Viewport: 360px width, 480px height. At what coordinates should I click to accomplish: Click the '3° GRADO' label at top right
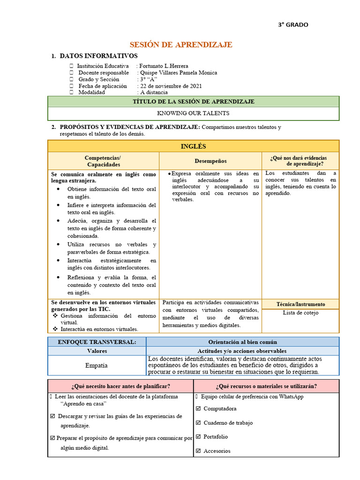[293, 25]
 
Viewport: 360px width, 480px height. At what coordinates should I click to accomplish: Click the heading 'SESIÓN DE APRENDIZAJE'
[180, 45]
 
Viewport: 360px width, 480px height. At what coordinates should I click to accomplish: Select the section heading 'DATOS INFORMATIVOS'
[98, 56]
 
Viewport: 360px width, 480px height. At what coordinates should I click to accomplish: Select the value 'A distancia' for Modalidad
[154, 92]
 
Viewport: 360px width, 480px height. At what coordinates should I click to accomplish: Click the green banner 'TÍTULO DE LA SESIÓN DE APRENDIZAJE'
[193, 101]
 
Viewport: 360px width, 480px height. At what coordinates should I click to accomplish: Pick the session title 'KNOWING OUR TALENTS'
[193, 113]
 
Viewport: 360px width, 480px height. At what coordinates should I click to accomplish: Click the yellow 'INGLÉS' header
[193, 146]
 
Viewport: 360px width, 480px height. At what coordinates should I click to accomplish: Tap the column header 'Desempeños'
[210, 161]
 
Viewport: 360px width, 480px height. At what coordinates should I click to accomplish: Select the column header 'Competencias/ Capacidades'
[104, 161]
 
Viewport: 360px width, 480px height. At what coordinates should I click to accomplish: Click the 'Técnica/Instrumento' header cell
[300, 304]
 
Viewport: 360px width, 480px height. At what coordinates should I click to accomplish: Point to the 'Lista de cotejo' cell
[300, 313]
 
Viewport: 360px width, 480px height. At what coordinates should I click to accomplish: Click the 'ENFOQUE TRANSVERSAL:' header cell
[97, 342]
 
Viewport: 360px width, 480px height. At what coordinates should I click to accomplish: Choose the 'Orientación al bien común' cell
[242, 342]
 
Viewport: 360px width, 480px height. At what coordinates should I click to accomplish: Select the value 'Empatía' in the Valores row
[97, 365]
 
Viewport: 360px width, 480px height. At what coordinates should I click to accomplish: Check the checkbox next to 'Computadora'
[198, 409]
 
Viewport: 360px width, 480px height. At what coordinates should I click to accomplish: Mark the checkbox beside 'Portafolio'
[198, 437]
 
